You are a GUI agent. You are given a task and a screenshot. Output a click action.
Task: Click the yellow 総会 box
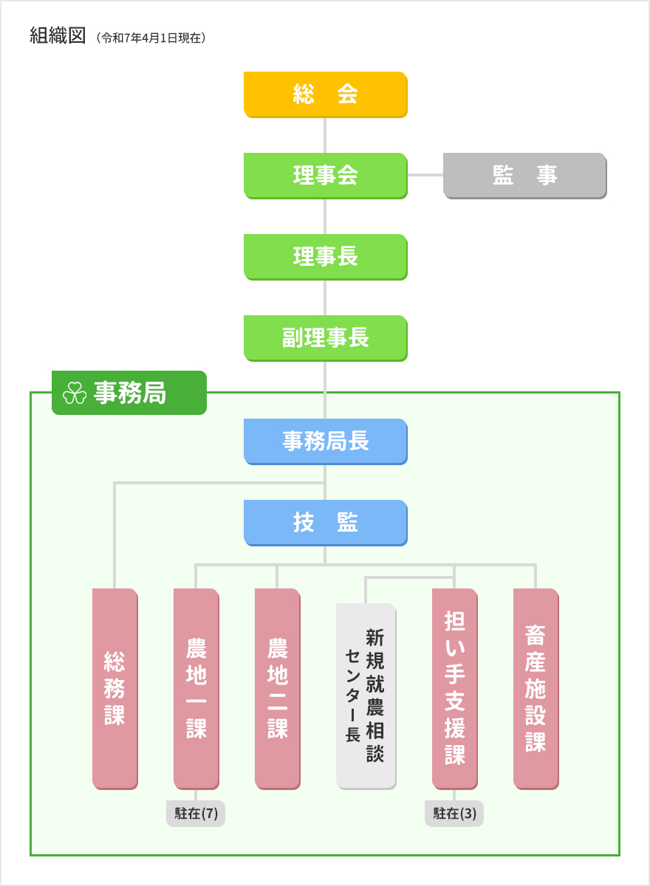click(x=325, y=94)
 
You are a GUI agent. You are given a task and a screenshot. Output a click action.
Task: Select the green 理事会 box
click(x=325, y=175)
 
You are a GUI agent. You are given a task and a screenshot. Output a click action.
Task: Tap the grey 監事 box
click(x=524, y=175)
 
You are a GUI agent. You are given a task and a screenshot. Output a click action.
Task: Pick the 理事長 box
click(x=325, y=256)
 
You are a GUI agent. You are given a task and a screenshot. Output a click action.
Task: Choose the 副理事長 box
click(x=325, y=337)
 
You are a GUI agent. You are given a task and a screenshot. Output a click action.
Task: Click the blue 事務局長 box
click(x=325, y=441)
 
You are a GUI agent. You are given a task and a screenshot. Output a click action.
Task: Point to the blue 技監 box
click(x=325, y=522)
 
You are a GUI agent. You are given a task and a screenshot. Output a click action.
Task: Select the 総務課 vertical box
click(x=114, y=688)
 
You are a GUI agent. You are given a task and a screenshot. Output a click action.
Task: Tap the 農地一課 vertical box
click(x=196, y=688)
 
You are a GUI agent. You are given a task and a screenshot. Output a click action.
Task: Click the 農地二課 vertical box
click(x=277, y=688)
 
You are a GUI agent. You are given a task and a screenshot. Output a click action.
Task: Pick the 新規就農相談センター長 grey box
click(x=366, y=696)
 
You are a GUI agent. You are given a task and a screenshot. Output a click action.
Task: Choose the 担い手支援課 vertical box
click(x=454, y=688)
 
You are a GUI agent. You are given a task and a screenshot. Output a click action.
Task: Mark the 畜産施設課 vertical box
click(x=536, y=688)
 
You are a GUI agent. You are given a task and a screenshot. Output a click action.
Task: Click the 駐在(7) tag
click(x=196, y=814)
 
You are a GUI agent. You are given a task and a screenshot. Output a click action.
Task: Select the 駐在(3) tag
click(x=454, y=814)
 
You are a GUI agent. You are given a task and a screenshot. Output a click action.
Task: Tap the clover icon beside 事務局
click(x=75, y=394)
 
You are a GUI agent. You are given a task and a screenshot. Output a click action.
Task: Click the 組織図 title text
click(x=58, y=35)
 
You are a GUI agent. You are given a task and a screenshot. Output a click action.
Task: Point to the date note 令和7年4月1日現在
click(x=151, y=37)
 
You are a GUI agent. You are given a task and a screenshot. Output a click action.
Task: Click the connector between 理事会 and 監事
click(x=425, y=175)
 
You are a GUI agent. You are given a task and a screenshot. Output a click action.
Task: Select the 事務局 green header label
click(x=129, y=394)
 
